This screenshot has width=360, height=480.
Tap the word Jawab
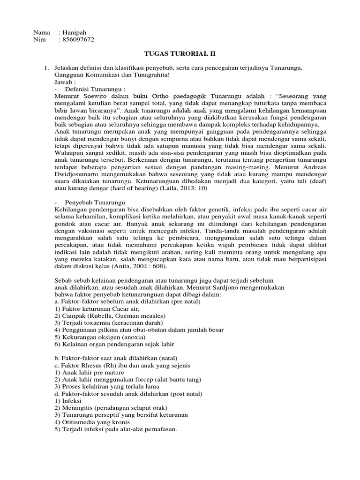click(64, 82)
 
